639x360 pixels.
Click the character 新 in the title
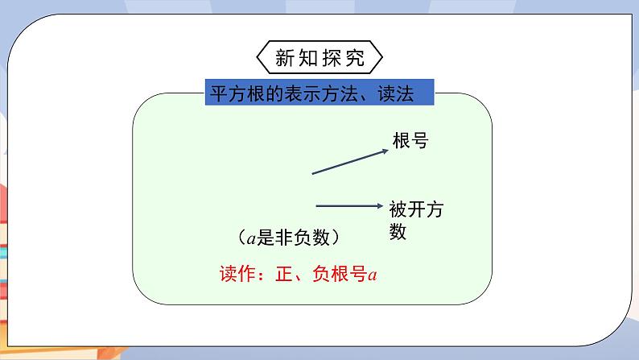286,59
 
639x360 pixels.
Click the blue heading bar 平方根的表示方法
320,93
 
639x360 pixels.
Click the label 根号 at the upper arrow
410,141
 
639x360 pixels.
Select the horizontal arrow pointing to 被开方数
348,205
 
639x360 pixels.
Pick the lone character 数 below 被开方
398,232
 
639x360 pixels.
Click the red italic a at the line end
373,275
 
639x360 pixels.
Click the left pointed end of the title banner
261,59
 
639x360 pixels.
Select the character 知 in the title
308,59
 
